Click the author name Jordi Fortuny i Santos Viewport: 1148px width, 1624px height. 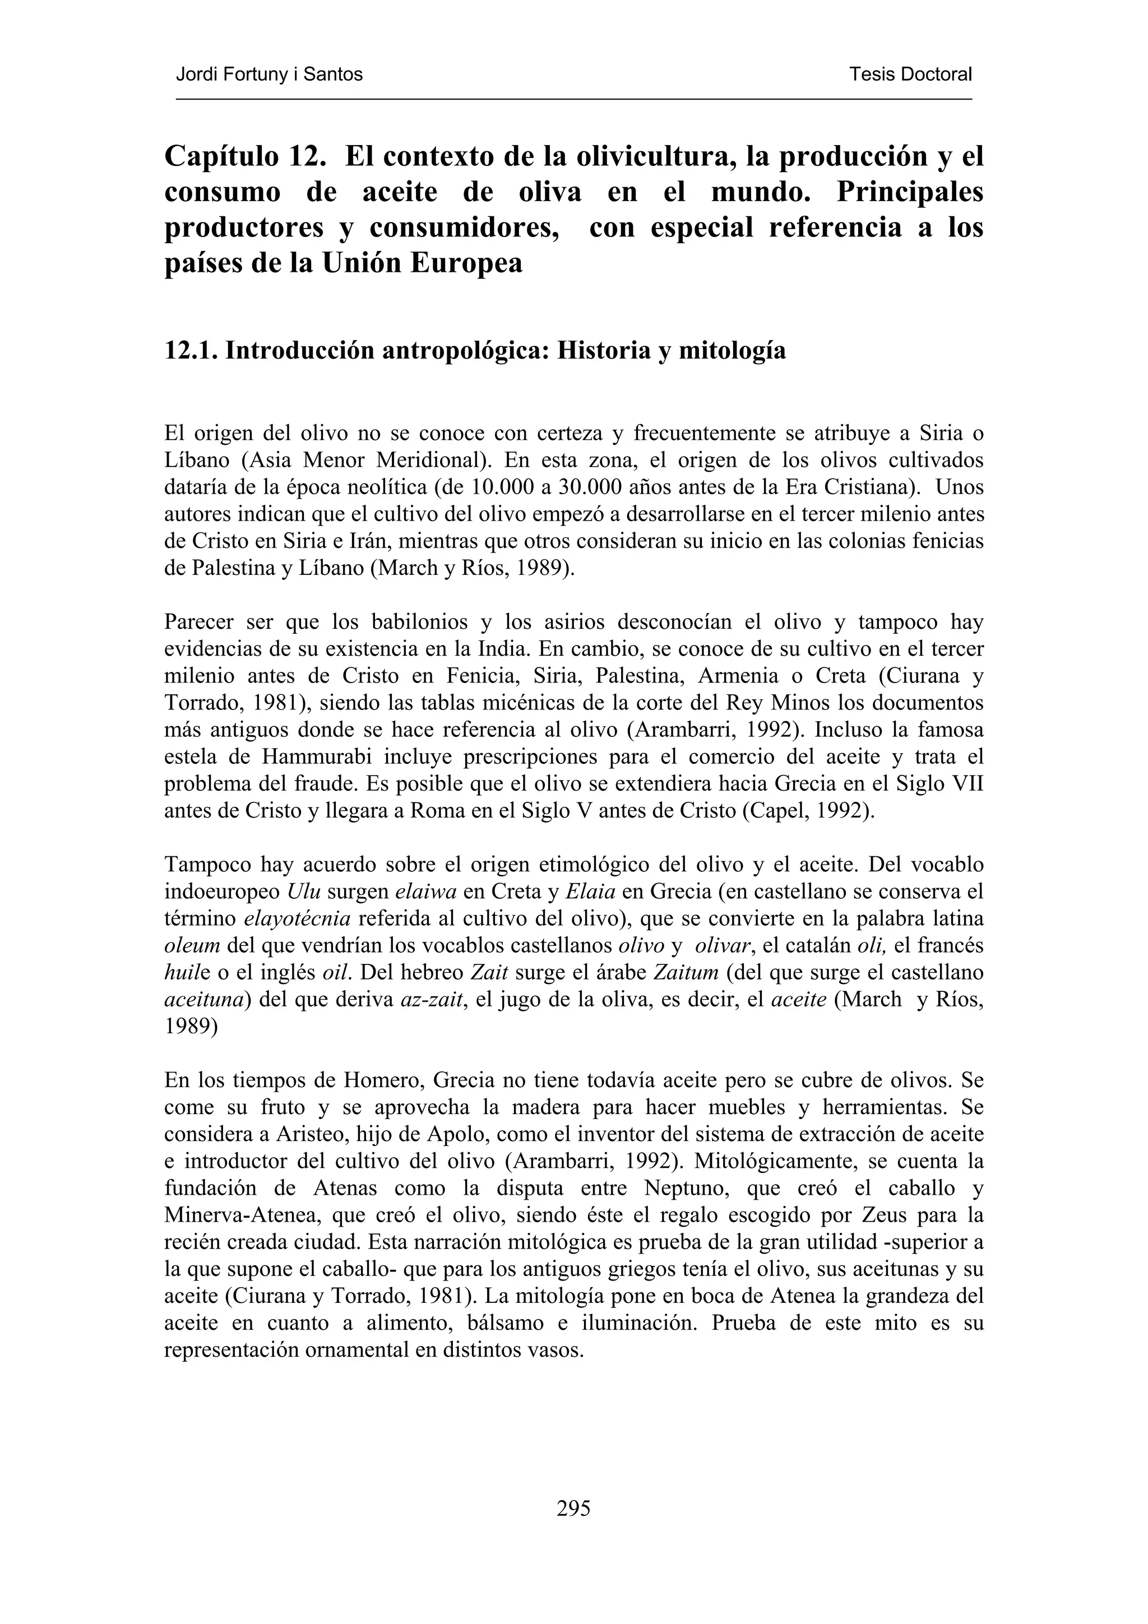(x=269, y=75)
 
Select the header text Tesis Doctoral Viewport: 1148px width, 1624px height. (x=910, y=75)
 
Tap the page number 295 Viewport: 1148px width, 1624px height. (x=573, y=1509)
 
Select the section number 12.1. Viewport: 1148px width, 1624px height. (x=191, y=350)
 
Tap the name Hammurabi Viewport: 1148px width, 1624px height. (x=318, y=757)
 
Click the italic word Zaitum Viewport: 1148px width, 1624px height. (x=686, y=973)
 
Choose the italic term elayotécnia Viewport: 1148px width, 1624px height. (x=297, y=919)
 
